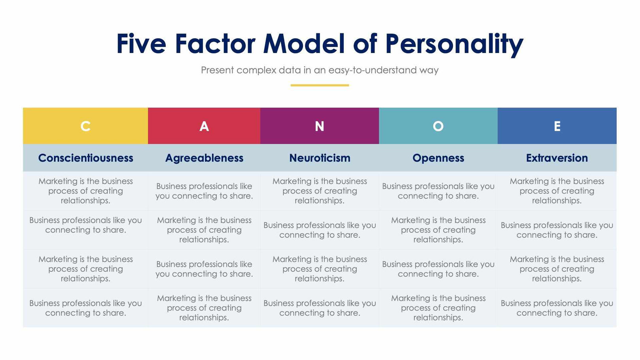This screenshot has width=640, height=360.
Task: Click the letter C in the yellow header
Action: coord(85,126)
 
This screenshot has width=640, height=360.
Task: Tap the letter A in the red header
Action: coord(204,126)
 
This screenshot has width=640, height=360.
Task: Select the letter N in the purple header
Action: coord(319,126)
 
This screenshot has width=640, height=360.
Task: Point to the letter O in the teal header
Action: coord(438,126)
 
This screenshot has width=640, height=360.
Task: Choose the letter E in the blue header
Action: coord(557,126)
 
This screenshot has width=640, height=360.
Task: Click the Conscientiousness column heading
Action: coord(86,158)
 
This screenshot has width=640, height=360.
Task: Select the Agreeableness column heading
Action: coord(204,158)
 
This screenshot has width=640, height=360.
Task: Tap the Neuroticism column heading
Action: coord(320,158)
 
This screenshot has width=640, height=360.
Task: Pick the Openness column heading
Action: coord(438,158)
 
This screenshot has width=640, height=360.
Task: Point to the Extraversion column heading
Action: coord(557,158)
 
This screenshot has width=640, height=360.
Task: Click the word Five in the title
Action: coord(141,43)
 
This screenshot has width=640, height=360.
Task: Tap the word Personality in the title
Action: coord(454,44)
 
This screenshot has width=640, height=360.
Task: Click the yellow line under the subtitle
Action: coord(320,85)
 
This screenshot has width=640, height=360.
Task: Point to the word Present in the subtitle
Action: coord(217,70)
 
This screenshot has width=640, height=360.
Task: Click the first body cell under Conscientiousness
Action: coord(86,191)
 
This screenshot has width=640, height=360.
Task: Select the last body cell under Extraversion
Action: coord(557,308)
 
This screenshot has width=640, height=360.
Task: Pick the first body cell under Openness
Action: coord(438,191)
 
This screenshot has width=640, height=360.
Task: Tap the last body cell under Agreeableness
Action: coord(204,308)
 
